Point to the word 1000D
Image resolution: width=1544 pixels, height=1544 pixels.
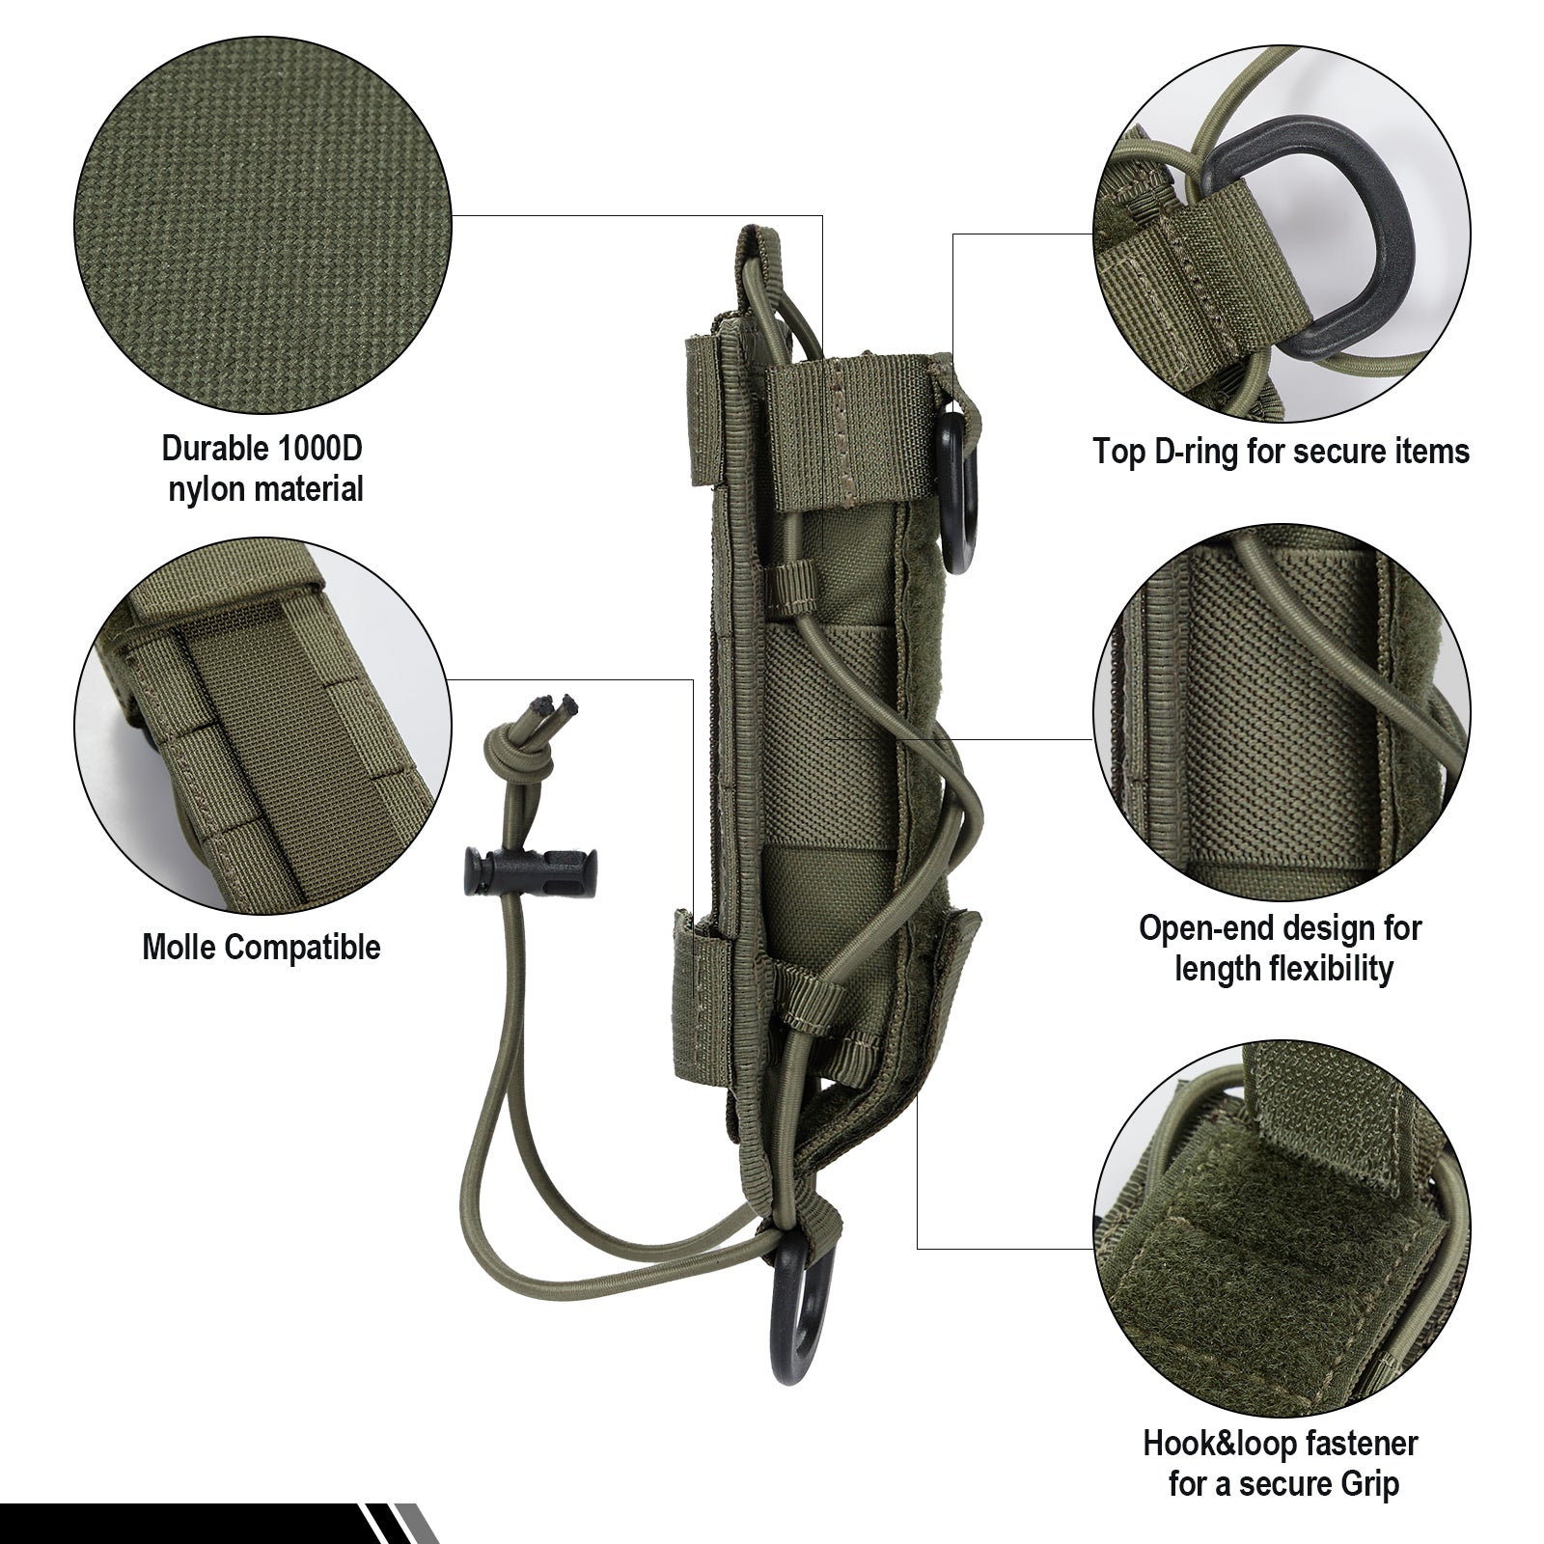(317, 450)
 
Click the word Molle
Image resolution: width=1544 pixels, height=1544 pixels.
(184, 947)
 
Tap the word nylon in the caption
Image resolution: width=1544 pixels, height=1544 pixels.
(207, 489)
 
